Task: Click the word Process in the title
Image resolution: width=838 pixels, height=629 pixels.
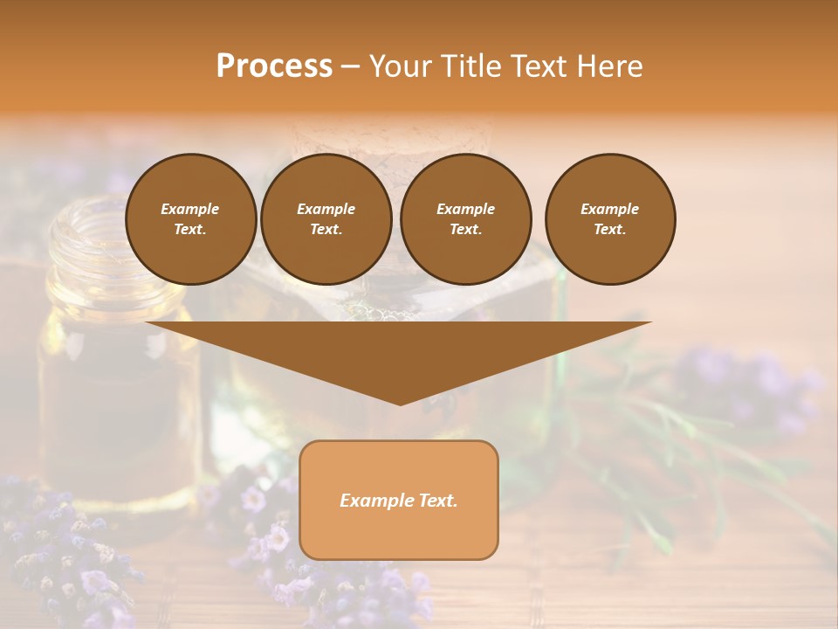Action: (274, 66)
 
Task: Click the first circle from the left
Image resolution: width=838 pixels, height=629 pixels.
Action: (190, 219)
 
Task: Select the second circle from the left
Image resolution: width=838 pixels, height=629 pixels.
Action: (326, 219)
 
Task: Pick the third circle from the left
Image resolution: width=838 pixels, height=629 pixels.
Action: (465, 219)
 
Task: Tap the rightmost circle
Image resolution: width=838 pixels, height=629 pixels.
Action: (609, 219)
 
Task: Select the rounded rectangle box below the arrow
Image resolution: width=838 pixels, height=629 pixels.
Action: (399, 533)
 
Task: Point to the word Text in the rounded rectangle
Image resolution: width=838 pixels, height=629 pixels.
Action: (438, 501)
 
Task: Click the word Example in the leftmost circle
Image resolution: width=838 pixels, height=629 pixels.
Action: (189, 209)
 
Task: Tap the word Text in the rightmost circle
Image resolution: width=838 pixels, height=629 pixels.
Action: (609, 229)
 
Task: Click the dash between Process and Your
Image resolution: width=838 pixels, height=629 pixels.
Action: (351, 66)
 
